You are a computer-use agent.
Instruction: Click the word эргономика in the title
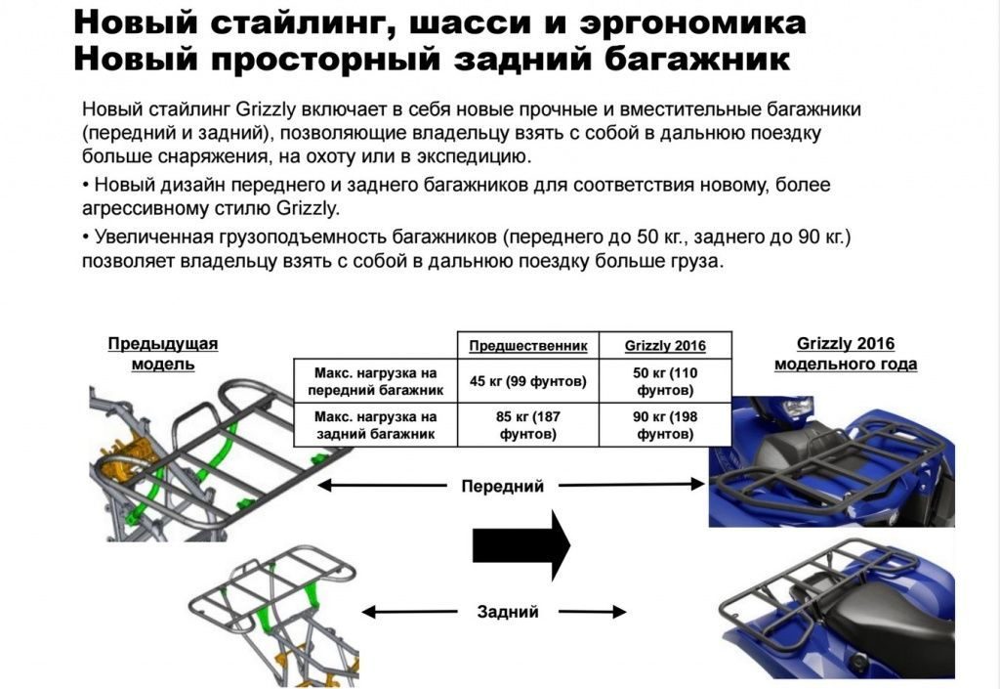(692, 23)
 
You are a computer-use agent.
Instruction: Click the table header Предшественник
(528, 346)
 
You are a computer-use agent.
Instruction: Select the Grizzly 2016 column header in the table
(665, 346)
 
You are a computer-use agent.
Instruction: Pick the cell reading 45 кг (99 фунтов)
(528, 381)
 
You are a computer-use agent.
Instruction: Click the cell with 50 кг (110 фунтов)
(665, 381)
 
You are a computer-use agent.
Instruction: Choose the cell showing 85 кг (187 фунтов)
(528, 425)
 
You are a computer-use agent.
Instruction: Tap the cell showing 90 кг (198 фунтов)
(665, 425)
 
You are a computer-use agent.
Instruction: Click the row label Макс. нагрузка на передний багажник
(376, 381)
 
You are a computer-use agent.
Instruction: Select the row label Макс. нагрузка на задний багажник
(376, 425)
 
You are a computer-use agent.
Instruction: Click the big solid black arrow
(521, 545)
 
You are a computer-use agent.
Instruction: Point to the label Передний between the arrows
(503, 486)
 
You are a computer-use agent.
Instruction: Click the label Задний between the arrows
(508, 612)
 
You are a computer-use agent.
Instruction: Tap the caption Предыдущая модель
(163, 354)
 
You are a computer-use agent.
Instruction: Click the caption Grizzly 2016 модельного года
(846, 354)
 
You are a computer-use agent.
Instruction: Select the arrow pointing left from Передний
(382, 486)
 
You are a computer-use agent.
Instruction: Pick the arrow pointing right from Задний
(593, 612)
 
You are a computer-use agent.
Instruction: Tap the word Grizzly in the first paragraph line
(266, 109)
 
